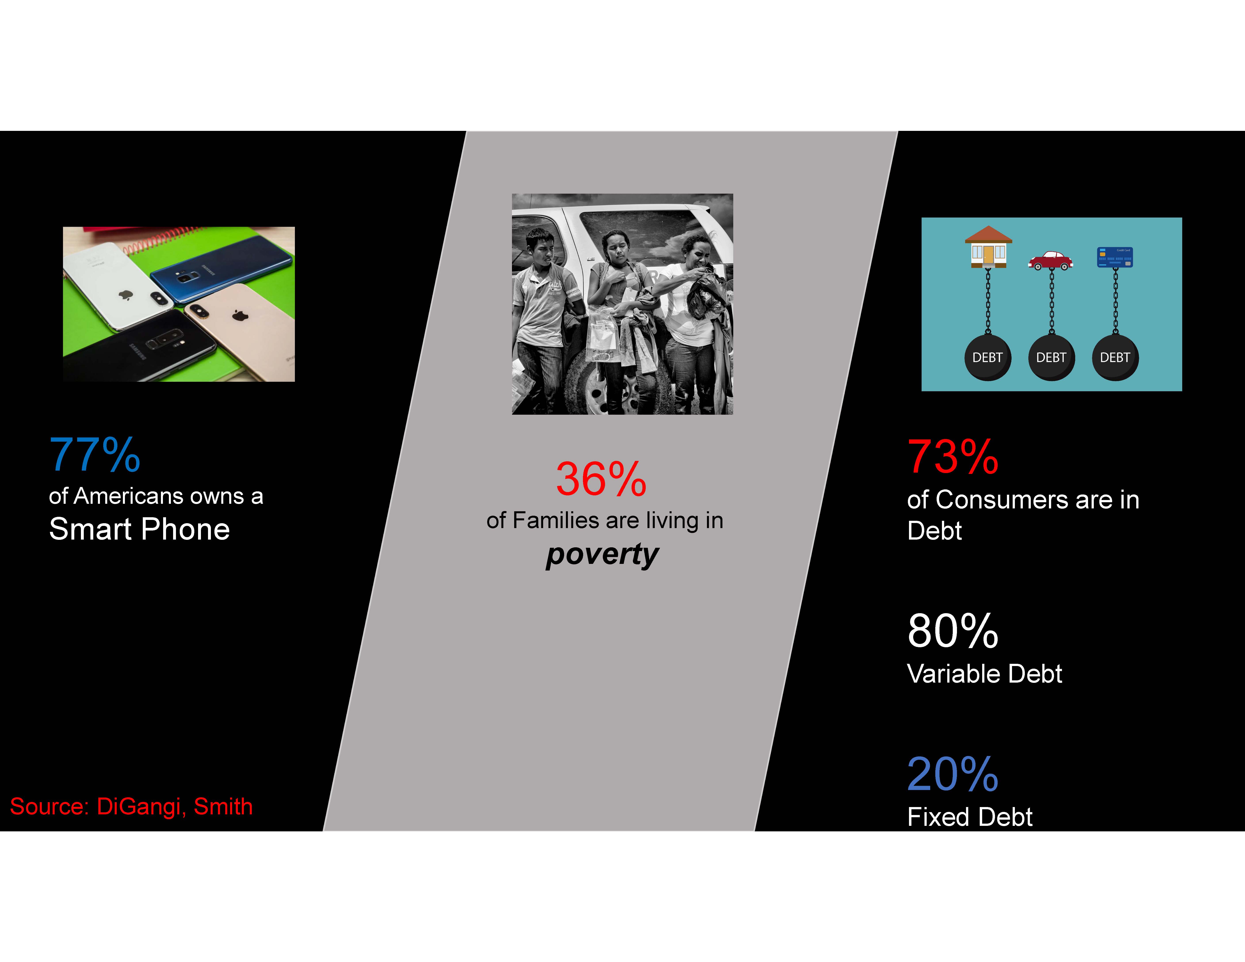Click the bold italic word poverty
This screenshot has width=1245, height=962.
point(602,555)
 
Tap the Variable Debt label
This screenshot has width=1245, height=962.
point(985,674)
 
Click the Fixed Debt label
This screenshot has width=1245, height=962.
point(970,817)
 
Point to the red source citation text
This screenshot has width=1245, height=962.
point(131,806)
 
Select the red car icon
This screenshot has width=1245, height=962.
point(1051,260)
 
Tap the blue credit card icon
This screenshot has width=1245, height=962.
point(1115,257)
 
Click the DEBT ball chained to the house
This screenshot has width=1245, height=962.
point(988,357)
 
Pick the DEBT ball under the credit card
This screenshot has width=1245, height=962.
point(1115,357)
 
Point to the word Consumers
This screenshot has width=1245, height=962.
point(1002,500)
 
